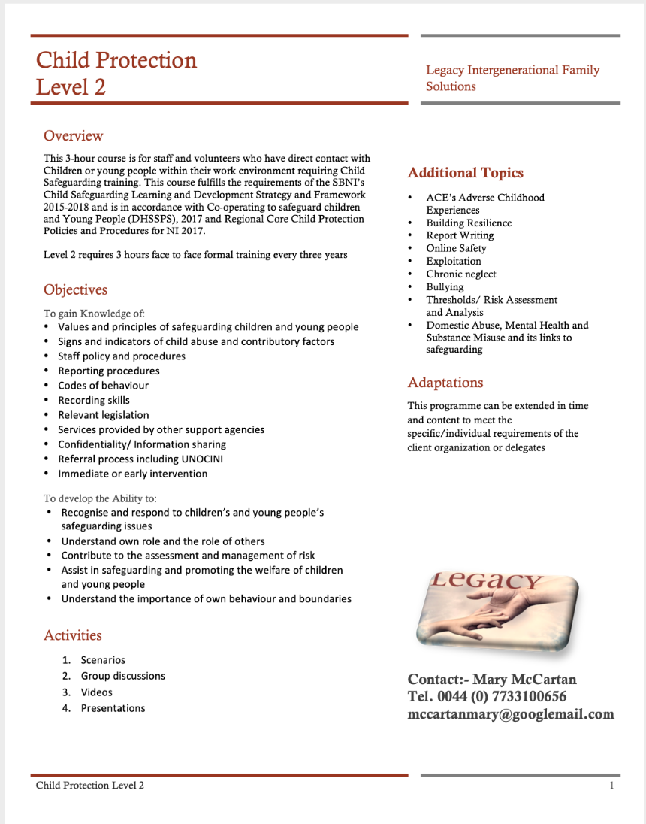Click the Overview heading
tap(73, 136)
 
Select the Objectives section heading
tap(75, 290)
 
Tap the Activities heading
tap(72, 635)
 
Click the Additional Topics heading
tap(465, 173)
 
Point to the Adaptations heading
tap(445, 383)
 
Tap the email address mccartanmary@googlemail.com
tap(511, 714)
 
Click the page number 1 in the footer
tap(612, 786)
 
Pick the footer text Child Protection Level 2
tap(90, 786)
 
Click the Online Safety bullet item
tap(456, 248)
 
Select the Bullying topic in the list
tap(445, 287)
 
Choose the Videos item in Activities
tap(97, 692)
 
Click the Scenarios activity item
tap(103, 660)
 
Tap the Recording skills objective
tap(94, 400)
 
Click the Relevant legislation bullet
tap(104, 415)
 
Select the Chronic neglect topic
tap(461, 274)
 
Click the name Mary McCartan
tap(524, 680)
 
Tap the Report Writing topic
tap(460, 235)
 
